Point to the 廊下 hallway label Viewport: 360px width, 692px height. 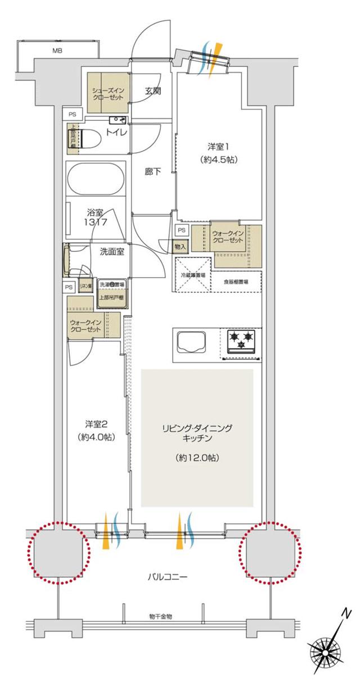click(153, 172)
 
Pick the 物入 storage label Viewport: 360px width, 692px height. click(181, 246)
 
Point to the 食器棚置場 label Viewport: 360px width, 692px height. click(236, 282)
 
